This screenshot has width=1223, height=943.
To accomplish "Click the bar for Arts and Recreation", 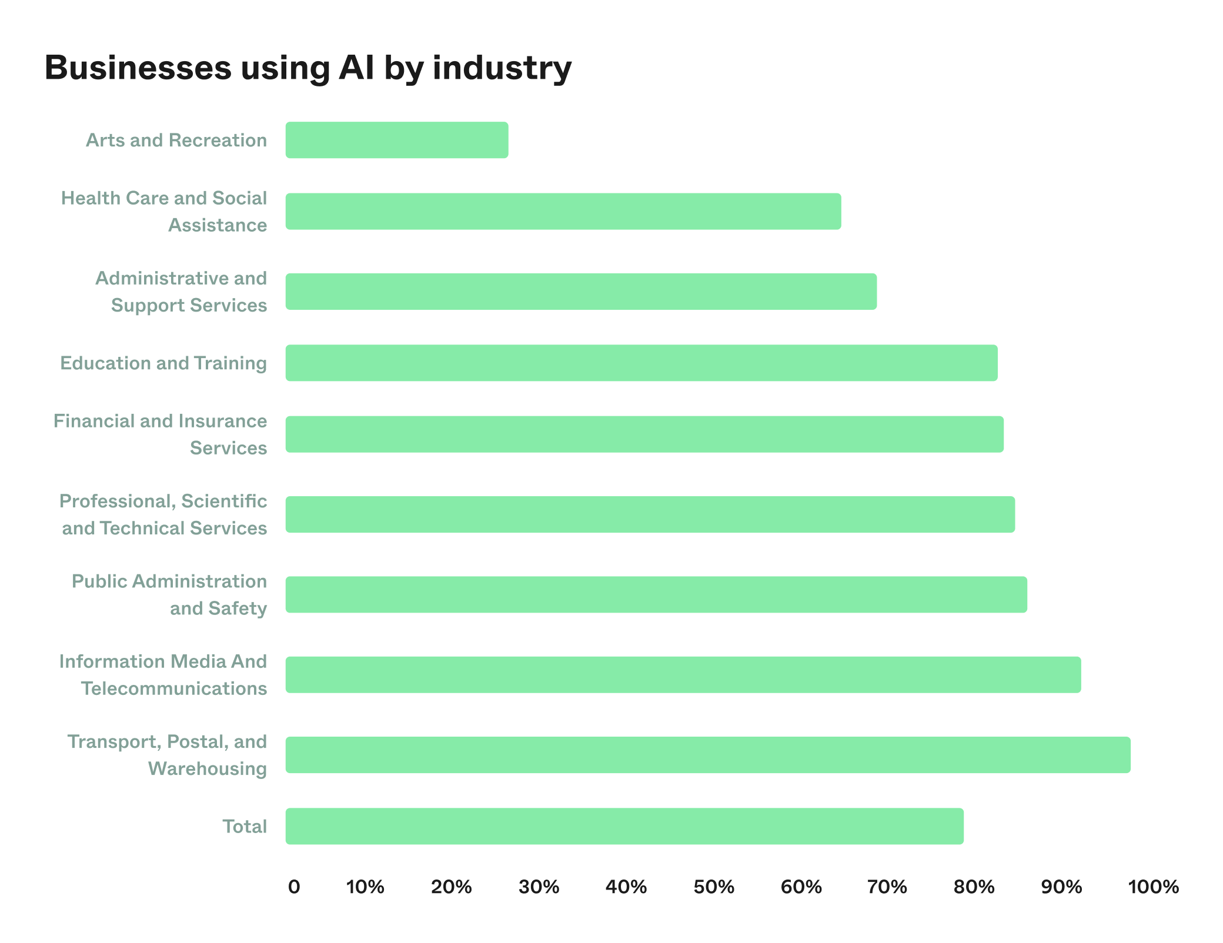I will [x=397, y=140].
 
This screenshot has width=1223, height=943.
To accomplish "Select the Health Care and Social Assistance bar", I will [x=563, y=211].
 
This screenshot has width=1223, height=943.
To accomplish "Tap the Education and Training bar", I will [x=641, y=363].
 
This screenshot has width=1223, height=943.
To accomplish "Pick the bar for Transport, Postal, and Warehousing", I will [x=708, y=755].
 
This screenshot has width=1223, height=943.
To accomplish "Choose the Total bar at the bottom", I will [x=624, y=826].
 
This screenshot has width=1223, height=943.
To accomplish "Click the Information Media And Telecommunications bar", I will [x=683, y=675].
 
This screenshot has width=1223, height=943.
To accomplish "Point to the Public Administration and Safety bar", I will [x=656, y=594].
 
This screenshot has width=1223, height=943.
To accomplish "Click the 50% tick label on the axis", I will [x=714, y=887].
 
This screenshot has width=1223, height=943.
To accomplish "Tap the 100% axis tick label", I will [x=1153, y=887].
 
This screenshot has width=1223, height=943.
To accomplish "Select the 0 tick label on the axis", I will [x=294, y=887].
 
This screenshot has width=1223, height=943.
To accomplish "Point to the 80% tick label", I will [x=974, y=887].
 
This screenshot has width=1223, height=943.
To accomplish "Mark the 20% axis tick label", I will [x=451, y=887].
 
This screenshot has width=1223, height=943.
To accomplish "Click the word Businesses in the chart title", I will [x=138, y=68].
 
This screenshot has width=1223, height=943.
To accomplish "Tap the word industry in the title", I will [x=502, y=69].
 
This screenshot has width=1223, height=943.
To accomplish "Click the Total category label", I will [x=245, y=826].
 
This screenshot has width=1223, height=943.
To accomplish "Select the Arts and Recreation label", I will [x=176, y=140].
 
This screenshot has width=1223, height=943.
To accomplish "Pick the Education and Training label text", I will [x=163, y=363].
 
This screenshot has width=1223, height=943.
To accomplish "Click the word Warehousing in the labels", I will [x=208, y=769].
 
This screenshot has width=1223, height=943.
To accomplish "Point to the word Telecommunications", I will [x=174, y=688].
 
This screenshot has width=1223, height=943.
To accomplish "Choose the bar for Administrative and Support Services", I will [x=581, y=292].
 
